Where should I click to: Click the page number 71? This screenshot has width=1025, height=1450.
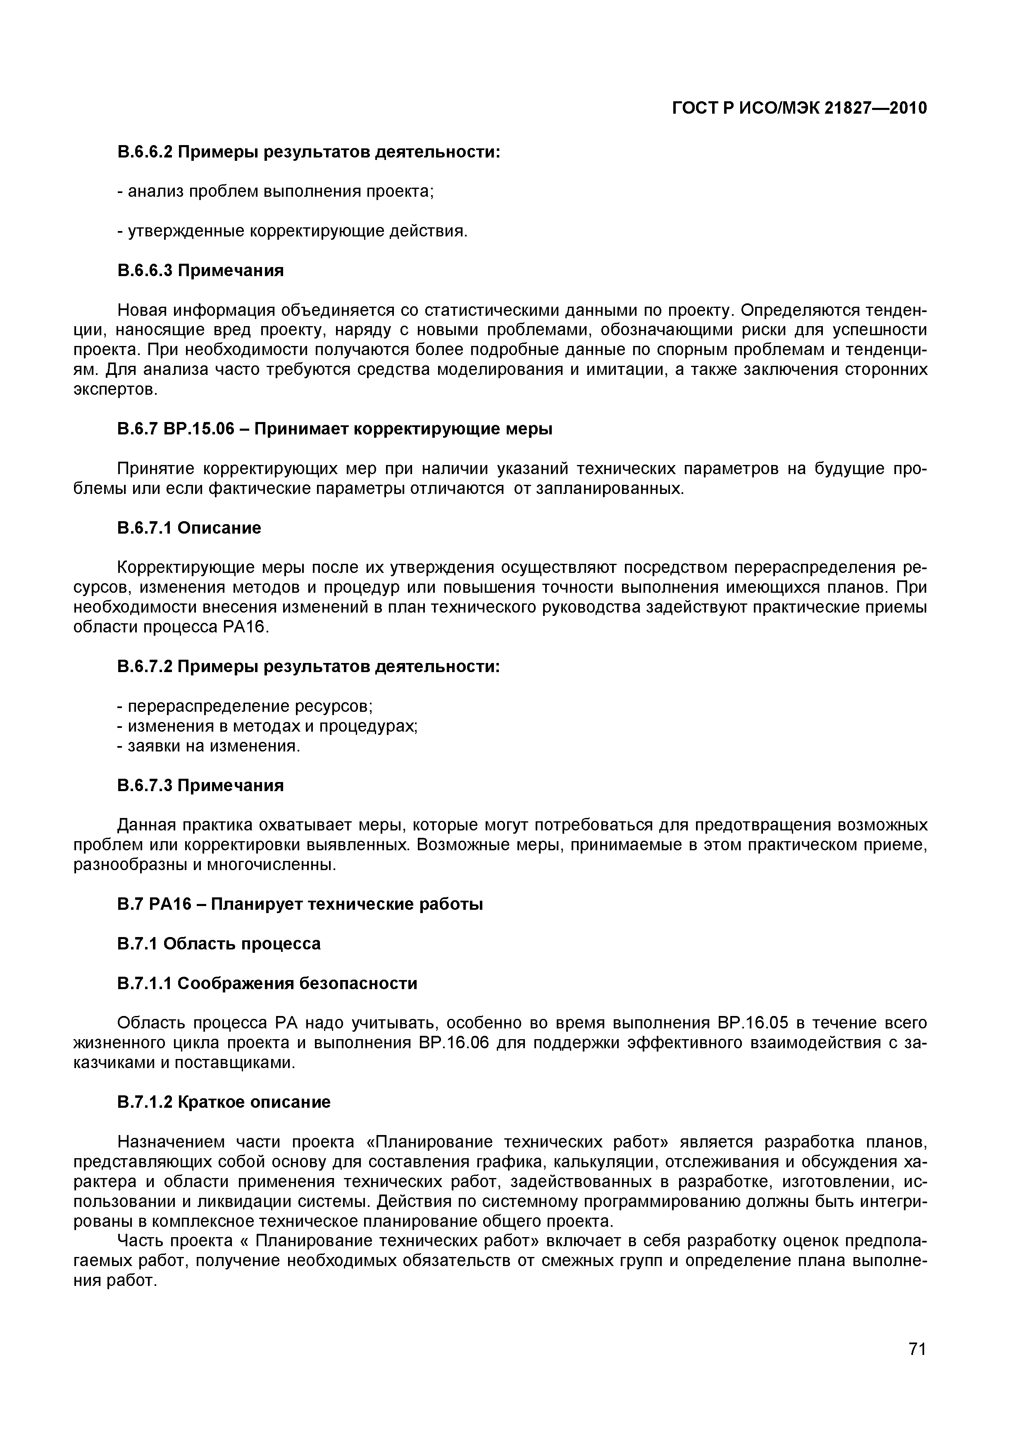[x=916, y=1367]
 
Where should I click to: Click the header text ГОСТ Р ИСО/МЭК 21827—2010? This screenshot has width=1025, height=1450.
[x=799, y=109]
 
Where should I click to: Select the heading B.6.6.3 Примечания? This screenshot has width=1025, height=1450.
[x=200, y=270]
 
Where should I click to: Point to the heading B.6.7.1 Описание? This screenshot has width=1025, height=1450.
[x=189, y=527]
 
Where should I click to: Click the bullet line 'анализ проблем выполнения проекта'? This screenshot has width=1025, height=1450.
[x=275, y=191]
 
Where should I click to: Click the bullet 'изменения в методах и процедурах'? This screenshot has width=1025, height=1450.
[x=268, y=726]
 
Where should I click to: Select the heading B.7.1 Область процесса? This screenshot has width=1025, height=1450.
[x=219, y=944]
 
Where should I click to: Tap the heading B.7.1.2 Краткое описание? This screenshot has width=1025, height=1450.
[x=224, y=1102]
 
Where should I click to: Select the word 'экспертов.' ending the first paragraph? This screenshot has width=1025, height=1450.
[x=114, y=390]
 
